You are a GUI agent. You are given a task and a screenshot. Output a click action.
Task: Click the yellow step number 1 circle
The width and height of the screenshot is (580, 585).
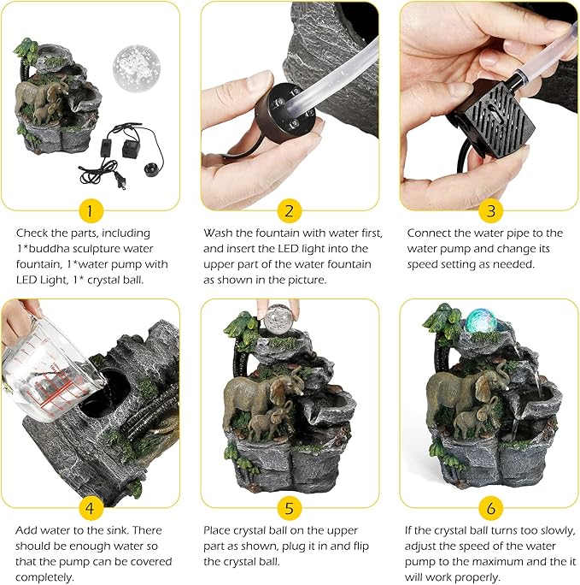point(90,210)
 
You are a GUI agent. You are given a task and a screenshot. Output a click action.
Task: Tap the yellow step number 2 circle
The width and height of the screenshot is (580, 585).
point(290,210)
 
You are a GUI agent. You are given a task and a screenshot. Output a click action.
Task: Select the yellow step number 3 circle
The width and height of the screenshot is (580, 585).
point(491,210)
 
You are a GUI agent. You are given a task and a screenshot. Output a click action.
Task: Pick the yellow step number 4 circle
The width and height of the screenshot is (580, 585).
point(90,508)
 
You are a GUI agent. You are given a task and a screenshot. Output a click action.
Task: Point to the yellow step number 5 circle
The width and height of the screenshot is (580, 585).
point(290,508)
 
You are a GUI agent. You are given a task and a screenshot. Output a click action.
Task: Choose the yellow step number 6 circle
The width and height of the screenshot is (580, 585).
point(491,508)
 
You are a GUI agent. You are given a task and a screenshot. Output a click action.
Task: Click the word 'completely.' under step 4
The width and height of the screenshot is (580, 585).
point(44,577)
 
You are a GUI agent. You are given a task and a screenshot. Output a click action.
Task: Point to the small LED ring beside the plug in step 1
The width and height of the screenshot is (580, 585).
point(151,168)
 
